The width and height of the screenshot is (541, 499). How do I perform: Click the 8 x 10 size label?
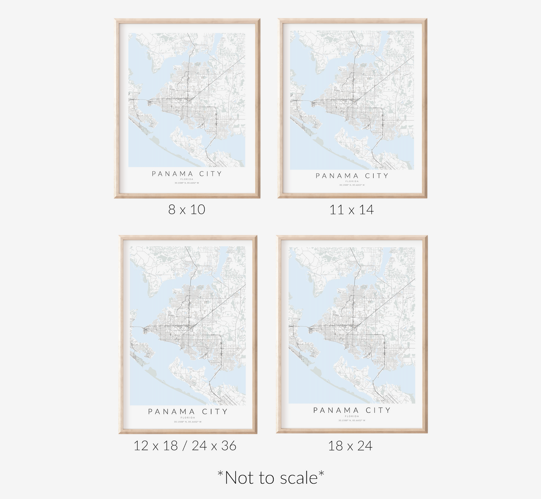[x=186, y=210]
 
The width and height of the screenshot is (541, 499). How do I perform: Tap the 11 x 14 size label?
[x=351, y=210]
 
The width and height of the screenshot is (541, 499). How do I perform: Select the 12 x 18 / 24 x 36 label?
[x=185, y=446]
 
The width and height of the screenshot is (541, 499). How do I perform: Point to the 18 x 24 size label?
[x=350, y=446]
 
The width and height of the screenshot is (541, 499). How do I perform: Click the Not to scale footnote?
[x=271, y=478]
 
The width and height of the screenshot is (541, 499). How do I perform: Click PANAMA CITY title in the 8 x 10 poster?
[x=187, y=174]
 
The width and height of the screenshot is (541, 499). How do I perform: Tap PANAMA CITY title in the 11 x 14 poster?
[x=352, y=176]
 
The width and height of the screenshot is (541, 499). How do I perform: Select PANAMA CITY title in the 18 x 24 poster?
[x=352, y=410]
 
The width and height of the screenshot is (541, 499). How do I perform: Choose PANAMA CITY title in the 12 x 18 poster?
[x=188, y=411]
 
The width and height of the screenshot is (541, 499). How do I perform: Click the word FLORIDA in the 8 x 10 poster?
[x=187, y=179]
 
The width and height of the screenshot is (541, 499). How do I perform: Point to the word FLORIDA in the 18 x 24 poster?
[x=352, y=416]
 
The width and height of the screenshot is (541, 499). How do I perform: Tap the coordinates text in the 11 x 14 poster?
[x=352, y=185]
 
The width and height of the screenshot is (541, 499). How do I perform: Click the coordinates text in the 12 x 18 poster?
[x=188, y=422]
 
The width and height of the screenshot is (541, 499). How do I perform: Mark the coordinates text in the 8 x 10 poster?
[x=187, y=183]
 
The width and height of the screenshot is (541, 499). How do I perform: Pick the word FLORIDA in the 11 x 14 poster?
[x=352, y=181]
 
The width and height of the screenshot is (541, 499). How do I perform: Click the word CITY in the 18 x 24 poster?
[x=378, y=410]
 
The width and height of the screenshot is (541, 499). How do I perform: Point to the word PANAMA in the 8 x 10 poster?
[x=173, y=174]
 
